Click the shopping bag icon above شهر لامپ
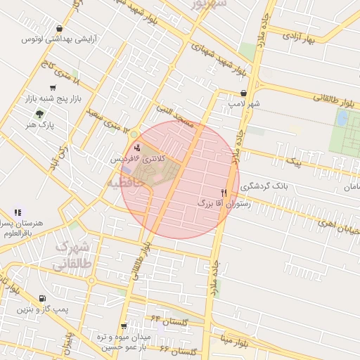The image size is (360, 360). click(x=243, y=93)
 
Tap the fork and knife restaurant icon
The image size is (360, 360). click(x=224, y=192)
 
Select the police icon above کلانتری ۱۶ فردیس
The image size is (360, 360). click(x=136, y=148)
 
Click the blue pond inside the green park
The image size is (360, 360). click(x=342, y=118)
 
